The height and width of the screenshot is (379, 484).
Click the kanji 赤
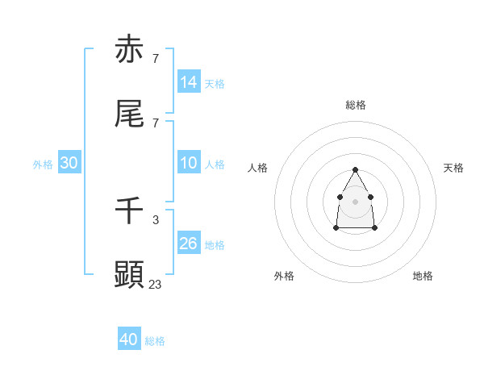(x=129, y=50)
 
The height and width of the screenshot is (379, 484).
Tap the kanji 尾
(x=129, y=115)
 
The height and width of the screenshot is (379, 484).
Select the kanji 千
(x=129, y=210)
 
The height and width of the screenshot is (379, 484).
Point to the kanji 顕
(x=129, y=274)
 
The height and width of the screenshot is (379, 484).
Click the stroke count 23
(x=156, y=283)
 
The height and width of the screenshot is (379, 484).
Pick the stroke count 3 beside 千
(x=155, y=219)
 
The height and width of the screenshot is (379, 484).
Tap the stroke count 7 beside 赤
(x=155, y=59)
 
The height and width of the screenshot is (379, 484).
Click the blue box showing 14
(x=189, y=81)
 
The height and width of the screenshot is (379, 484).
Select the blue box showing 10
(x=189, y=163)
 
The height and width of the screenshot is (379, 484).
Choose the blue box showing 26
(x=189, y=243)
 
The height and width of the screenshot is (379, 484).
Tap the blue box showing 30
(x=69, y=163)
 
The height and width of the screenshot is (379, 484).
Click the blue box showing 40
(x=129, y=339)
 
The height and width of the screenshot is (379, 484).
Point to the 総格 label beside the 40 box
(x=155, y=341)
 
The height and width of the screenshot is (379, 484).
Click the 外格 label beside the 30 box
(x=43, y=165)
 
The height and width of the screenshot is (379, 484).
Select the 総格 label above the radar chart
(x=356, y=105)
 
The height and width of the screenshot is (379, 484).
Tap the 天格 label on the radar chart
(x=453, y=168)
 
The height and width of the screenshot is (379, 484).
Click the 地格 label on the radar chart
(x=423, y=276)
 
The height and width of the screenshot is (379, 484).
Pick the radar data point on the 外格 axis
(x=336, y=228)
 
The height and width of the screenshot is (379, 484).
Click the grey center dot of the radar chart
(x=356, y=201)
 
